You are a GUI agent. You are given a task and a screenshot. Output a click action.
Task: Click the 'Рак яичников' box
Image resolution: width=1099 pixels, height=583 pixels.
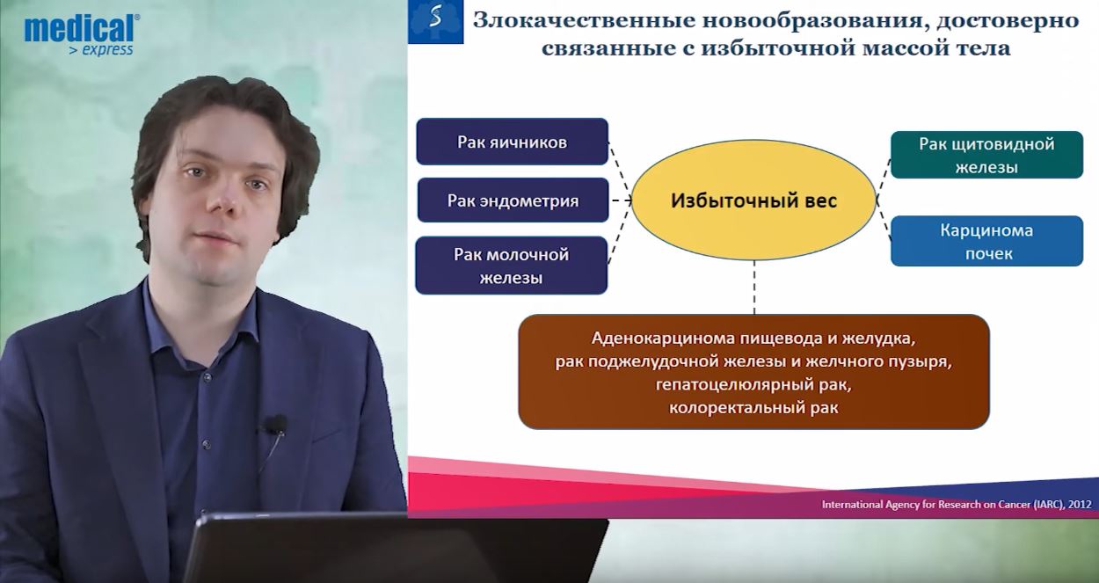513,142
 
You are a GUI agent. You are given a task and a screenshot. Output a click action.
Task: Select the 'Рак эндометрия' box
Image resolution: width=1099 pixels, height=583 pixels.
513,200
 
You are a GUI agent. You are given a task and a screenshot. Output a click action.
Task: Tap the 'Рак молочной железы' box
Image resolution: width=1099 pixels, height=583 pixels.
511,266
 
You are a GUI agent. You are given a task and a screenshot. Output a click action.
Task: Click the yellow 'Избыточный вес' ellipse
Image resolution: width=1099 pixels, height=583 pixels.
753,200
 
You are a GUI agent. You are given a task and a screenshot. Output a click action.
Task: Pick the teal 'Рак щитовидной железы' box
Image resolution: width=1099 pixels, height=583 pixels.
986,155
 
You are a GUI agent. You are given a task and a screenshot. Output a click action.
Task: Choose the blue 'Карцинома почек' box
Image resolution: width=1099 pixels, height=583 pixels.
986,241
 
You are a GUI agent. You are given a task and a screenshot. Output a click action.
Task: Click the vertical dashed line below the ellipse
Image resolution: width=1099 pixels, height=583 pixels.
754,287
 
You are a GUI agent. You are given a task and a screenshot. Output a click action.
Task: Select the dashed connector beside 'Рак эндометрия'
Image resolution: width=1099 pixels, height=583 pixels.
621,200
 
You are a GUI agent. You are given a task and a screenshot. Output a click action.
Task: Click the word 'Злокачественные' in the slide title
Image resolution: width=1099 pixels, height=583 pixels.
585,20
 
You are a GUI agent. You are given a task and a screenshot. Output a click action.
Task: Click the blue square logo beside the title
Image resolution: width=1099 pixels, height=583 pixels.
436,22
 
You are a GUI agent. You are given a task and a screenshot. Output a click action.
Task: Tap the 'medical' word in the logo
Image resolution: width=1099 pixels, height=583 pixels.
79,28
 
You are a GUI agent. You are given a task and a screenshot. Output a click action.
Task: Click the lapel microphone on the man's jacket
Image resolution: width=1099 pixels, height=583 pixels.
276,425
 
